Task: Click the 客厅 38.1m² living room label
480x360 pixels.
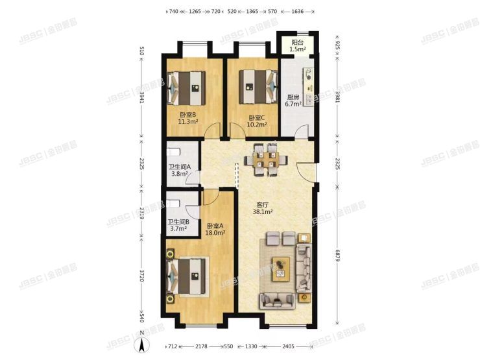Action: click(263, 207)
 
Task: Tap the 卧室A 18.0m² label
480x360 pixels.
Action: click(215, 228)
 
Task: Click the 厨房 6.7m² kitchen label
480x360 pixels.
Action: click(294, 100)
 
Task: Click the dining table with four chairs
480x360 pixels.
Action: click(263, 160)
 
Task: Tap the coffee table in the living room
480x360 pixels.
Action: click(281, 268)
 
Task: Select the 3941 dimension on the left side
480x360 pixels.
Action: click(141, 99)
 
